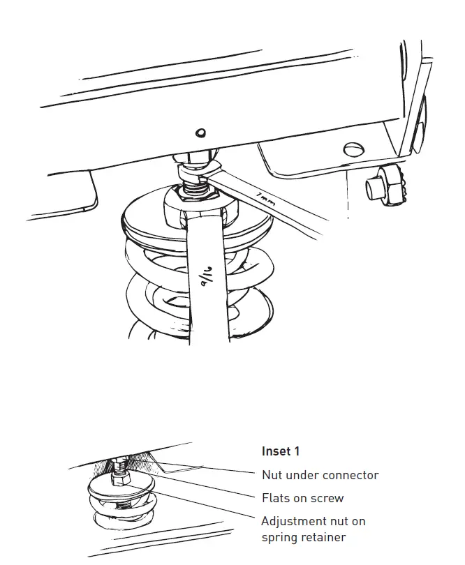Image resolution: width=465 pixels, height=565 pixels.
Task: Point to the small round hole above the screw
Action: pyautogui.click(x=200, y=133)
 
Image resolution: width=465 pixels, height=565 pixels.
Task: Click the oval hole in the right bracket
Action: pyautogui.click(x=354, y=149)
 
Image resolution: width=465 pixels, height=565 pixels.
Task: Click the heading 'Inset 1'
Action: pyautogui.click(x=280, y=451)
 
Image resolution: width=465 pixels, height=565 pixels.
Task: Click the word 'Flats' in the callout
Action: pyautogui.click(x=276, y=498)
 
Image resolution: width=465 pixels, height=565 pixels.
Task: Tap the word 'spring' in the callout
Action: pyautogui.click(x=279, y=538)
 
